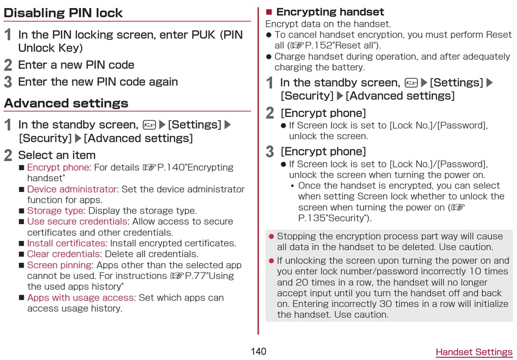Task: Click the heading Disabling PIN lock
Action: [63, 13]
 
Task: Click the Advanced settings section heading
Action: [66, 103]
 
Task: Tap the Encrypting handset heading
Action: [330, 12]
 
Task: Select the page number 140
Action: [258, 351]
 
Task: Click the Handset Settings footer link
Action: [473, 352]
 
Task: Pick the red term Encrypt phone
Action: [58, 167]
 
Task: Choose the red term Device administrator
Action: [72, 189]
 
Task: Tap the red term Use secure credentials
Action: [77, 222]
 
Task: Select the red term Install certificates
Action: [66, 244]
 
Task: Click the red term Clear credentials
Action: [64, 255]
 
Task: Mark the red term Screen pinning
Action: [59, 265]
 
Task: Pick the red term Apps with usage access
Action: [81, 298]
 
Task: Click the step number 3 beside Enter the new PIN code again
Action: [8, 82]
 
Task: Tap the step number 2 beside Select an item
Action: [8, 156]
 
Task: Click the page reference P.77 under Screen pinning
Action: [195, 276]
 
